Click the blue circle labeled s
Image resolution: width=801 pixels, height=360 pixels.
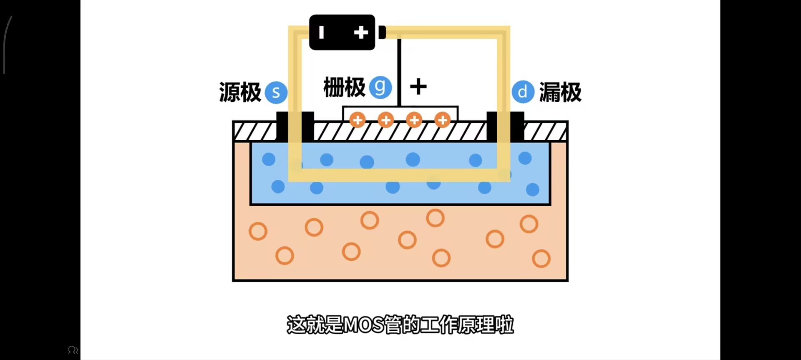pos(276,92)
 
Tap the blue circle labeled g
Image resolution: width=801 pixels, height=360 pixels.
pos(380,87)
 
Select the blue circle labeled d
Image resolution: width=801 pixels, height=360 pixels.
pos(523,92)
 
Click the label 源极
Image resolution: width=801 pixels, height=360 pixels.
pos(240,92)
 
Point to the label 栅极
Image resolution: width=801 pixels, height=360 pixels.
pos(344,88)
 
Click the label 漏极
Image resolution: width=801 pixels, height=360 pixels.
pos(560,92)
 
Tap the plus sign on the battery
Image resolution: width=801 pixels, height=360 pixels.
pos(361,33)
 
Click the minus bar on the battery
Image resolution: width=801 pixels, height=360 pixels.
pos(321,33)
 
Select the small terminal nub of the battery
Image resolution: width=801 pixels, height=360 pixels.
pos(382,33)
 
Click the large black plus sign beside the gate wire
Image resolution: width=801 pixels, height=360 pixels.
pos(418,87)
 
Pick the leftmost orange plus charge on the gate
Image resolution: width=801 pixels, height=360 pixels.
pos(357,120)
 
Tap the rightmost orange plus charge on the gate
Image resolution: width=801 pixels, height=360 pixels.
pos(442,120)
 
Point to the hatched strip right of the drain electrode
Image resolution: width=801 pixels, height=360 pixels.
pos(545,131)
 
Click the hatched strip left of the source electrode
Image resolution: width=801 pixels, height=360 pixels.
pos(255,131)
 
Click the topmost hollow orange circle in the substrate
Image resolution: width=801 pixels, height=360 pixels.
pos(435,218)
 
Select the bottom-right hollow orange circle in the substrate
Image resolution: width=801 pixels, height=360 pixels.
pos(541,259)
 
